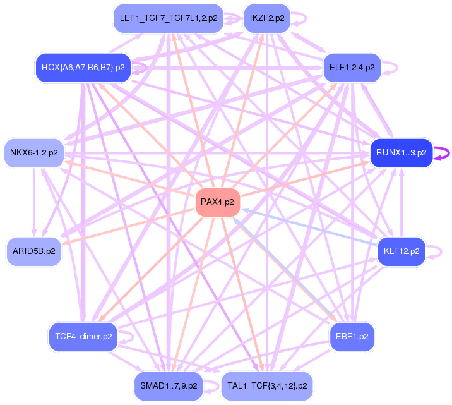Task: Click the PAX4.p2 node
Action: pyautogui.click(x=217, y=202)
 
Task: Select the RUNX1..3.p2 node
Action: pyautogui.click(x=401, y=152)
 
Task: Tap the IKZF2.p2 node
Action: pyautogui.click(x=266, y=18)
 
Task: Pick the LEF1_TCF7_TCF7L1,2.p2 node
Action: pyautogui.click(x=168, y=18)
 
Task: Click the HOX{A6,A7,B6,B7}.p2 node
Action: pyautogui.click(x=83, y=67)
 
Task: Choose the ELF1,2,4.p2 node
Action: pyautogui.click(x=352, y=67)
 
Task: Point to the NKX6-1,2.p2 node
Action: pyautogui.click(x=34, y=152)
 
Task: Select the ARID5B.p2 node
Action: pyautogui.click(x=33, y=251)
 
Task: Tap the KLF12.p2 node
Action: pyautogui.click(x=401, y=251)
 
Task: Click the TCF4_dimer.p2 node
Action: pyautogui.click(x=83, y=337)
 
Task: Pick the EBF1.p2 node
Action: pyautogui.click(x=352, y=337)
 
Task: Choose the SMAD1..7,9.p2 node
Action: pyautogui.click(x=169, y=385)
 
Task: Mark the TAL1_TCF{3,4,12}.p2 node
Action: pyautogui.click(x=267, y=385)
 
